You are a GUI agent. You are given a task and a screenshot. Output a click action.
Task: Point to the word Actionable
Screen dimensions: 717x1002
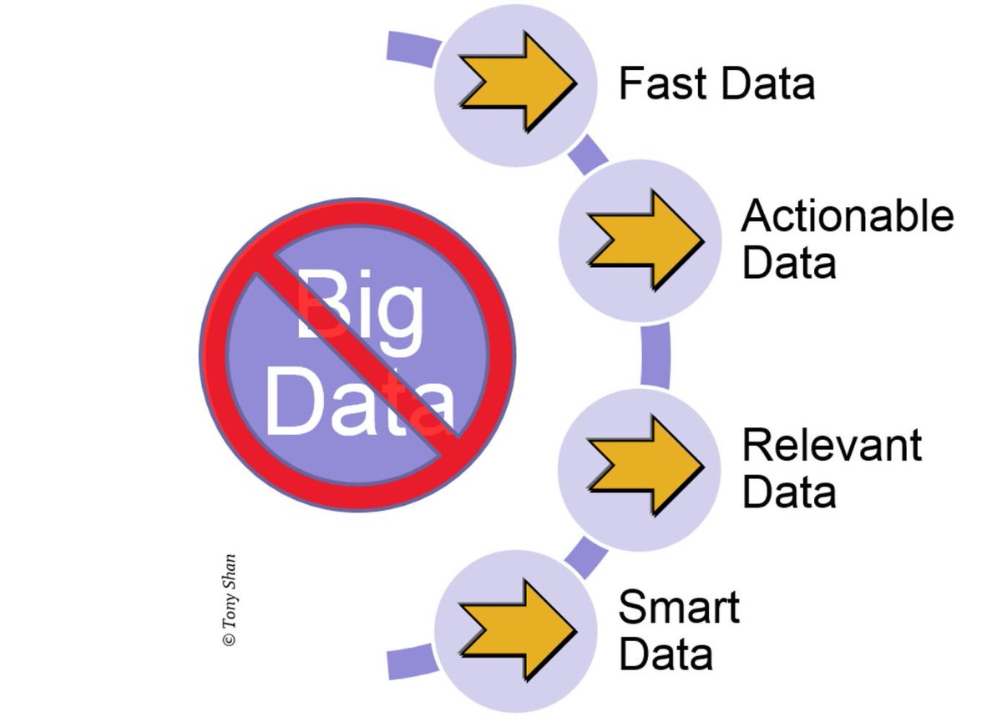tap(847, 216)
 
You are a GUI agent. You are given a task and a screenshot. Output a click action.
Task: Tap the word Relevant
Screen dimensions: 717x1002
tap(832, 445)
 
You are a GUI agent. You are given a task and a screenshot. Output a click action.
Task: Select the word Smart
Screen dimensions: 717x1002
tap(678, 607)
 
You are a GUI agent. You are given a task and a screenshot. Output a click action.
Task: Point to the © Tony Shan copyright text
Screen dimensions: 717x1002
tap(229, 600)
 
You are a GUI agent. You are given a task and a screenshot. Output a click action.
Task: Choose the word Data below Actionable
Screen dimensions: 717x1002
tap(788, 263)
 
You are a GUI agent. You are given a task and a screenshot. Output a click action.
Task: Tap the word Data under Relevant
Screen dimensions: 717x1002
tap(788, 492)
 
